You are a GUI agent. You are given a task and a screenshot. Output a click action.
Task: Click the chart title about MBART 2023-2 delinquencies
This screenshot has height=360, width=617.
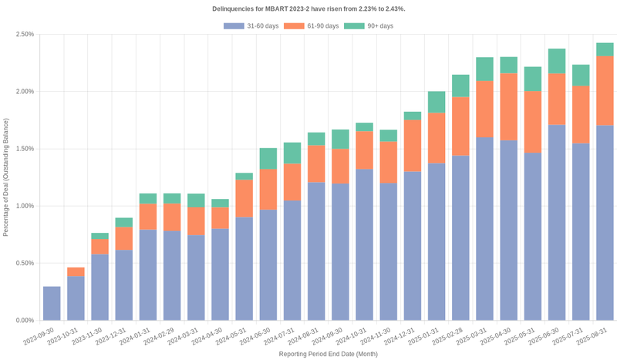click(308, 8)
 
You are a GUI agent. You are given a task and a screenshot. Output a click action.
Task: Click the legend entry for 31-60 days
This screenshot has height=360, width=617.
click(251, 26)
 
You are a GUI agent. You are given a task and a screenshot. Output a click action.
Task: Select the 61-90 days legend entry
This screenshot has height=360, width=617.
click(312, 26)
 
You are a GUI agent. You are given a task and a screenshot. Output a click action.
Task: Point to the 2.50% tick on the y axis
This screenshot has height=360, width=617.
click(24, 35)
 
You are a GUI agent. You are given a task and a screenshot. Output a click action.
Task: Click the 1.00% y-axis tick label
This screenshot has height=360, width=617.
click(24, 206)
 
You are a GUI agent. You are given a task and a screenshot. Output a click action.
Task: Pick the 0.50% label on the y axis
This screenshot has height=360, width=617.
click(24, 263)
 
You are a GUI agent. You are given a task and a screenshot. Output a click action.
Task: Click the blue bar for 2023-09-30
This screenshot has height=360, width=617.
click(52, 303)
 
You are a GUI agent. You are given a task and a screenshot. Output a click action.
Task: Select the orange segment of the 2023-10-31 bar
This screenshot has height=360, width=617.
click(76, 272)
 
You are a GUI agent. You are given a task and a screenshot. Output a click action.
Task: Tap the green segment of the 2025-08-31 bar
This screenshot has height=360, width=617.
click(605, 49)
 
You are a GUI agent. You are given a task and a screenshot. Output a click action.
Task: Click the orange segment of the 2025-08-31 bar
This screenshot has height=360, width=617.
click(605, 91)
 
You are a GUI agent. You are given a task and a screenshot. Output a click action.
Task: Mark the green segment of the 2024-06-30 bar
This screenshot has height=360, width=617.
click(268, 159)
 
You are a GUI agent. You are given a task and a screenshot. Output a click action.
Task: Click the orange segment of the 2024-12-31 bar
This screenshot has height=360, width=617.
click(413, 146)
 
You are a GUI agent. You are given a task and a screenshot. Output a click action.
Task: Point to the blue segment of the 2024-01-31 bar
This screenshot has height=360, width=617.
click(148, 274)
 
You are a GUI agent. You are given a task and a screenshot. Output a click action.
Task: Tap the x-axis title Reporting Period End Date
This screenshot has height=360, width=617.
click(329, 354)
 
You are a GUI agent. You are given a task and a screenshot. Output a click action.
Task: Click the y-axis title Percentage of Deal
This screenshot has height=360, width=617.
click(6, 177)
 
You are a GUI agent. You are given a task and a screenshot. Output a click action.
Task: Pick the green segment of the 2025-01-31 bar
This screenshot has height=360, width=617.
click(437, 102)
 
